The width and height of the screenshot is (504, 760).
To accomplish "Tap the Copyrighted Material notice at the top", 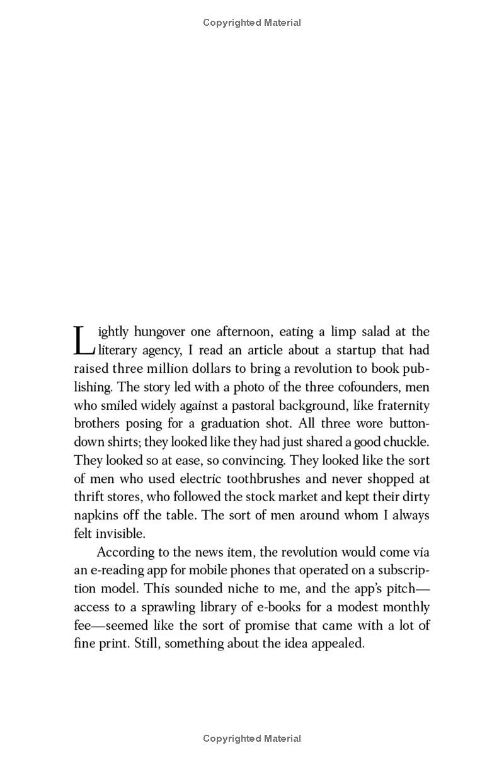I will pyautogui.click(x=252, y=23).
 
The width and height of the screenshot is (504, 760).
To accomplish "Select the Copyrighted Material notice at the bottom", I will pyautogui.click(x=252, y=739).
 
